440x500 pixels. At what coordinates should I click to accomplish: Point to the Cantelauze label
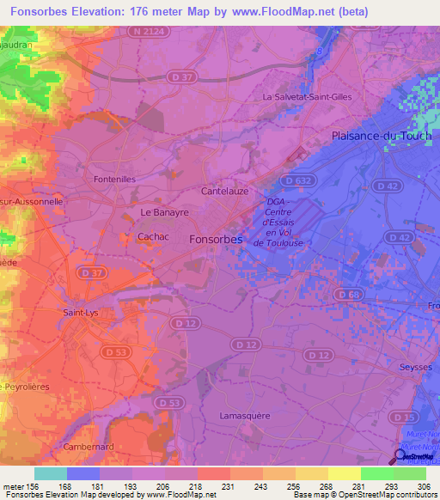[x=225, y=192]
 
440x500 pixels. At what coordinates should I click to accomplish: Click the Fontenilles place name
[x=114, y=179]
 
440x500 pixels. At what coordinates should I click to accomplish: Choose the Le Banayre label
[x=163, y=211]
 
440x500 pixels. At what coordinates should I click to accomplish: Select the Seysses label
[x=419, y=367]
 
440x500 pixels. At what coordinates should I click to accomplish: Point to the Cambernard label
[x=89, y=447]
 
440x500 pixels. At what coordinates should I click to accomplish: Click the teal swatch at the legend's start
[x=50, y=473]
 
